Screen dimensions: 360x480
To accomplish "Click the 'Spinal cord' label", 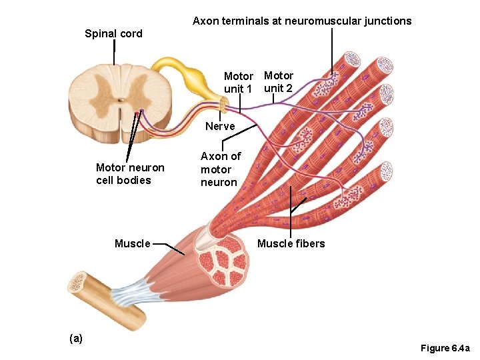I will click(113, 34).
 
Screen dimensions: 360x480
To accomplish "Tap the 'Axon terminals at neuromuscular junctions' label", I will click(302, 21).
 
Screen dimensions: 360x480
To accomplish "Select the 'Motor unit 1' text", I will click(238, 83).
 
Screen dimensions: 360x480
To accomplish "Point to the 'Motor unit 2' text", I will click(278, 82).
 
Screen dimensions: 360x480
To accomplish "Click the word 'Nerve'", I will click(220, 126).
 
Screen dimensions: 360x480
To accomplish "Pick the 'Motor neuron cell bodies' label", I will click(130, 174).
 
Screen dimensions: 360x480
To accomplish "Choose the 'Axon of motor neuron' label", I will click(220, 169).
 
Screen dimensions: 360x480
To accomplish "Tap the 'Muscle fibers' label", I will click(291, 243).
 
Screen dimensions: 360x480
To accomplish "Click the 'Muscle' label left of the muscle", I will click(133, 243).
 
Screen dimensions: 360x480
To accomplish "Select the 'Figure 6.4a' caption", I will click(445, 349).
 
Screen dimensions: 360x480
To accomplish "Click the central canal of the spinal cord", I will click(120, 101).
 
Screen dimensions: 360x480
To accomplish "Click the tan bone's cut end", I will click(78, 283).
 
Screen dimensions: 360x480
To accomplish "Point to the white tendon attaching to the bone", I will click(130, 293).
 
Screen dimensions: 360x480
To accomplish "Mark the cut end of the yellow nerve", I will click(224, 103).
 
